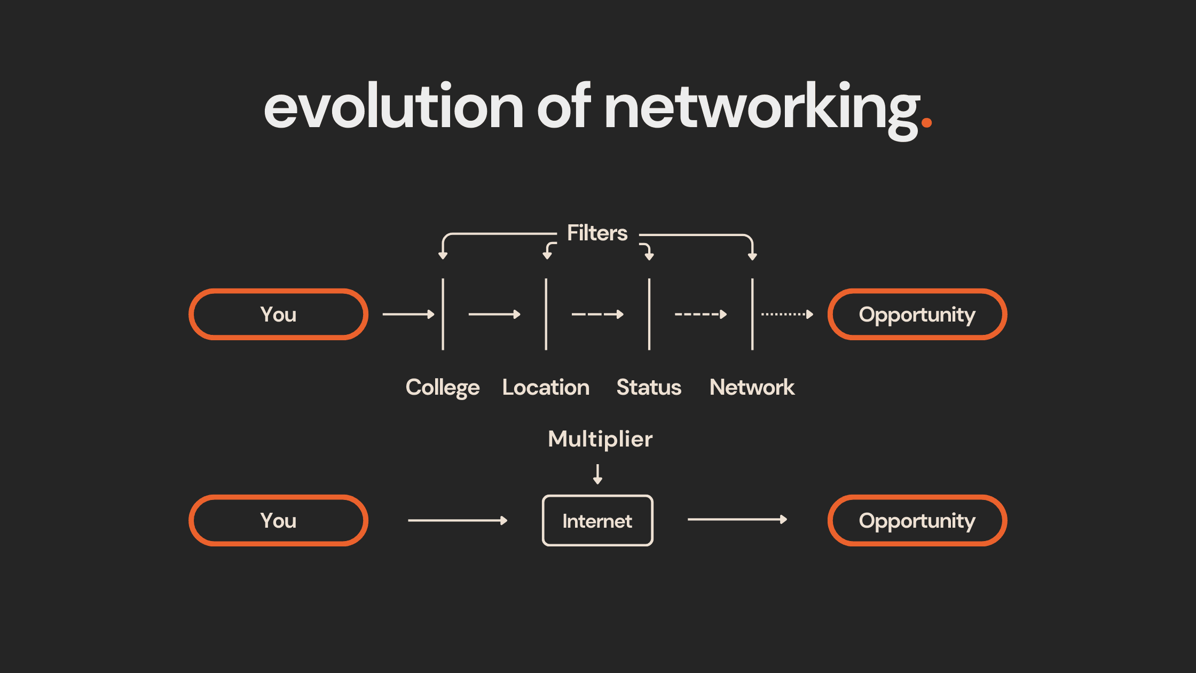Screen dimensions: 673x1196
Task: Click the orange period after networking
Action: [x=927, y=122]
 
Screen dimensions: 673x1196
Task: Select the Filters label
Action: [x=597, y=233]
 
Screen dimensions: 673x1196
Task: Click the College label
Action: [x=443, y=387]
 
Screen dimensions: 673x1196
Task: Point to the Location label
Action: [x=546, y=387]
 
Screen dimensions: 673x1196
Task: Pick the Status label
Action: [x=649, y=387]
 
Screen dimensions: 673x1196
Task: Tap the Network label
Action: [x=752, y=387]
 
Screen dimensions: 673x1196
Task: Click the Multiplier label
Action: [x=600, y=439]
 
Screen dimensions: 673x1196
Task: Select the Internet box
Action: [x=597, y=520]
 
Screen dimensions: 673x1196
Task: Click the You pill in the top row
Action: [x=278, y=314]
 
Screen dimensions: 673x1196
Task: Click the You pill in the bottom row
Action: [x=278, y=520]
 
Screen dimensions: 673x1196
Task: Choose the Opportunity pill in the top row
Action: [x=917, y=314]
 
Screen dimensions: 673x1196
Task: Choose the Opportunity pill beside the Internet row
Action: [x=917, y=520]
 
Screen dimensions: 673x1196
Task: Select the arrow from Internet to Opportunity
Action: [x=737, y=519]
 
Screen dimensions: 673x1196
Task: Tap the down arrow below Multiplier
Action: [x=598, y=474]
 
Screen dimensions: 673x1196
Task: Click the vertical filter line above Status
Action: [x=649, y=314]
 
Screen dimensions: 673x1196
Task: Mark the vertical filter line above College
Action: [x=443, y=314]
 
